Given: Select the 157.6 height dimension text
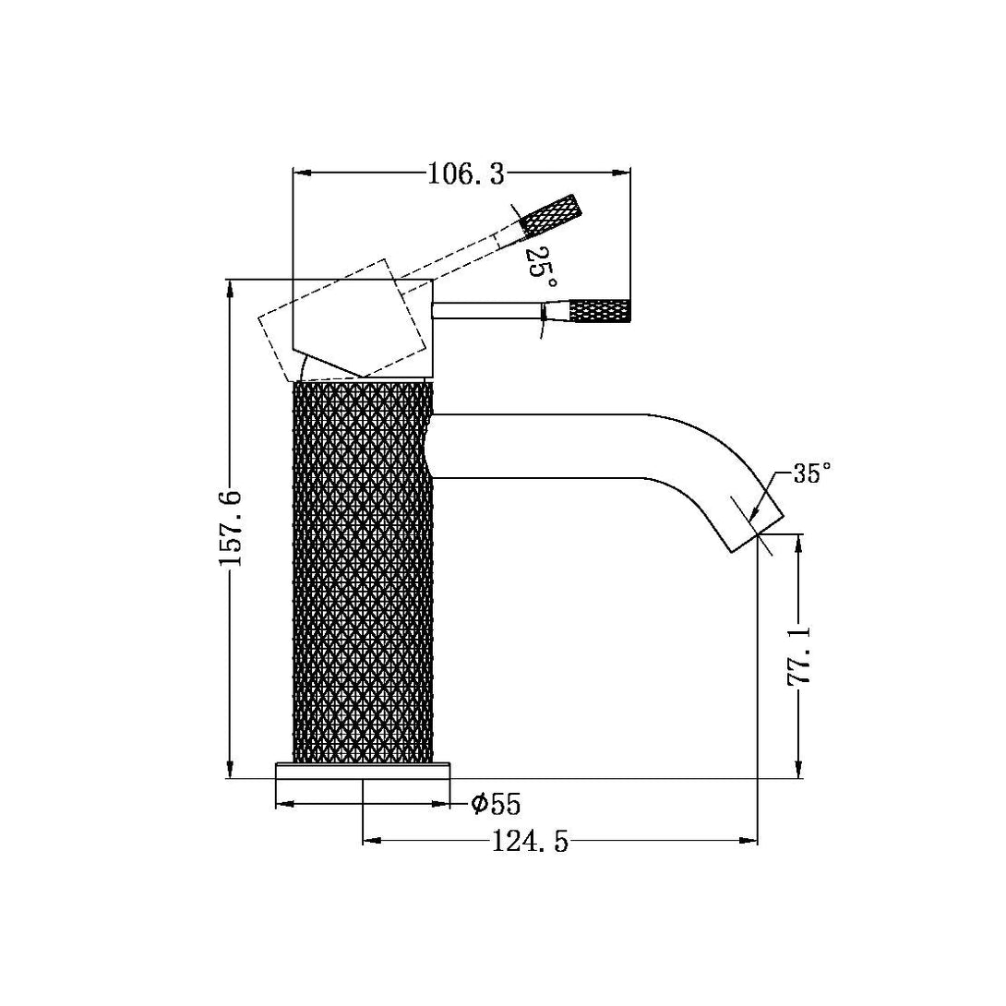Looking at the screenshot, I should click(x=232, y=529).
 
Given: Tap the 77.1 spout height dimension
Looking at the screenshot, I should click(x=798, y=656).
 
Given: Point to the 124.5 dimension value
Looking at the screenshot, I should click(x=531, y=842).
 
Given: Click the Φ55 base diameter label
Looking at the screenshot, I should click(x=496, y=805).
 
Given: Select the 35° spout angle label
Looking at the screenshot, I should click(x=812, y=474).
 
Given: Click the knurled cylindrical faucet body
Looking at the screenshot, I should click(x=363, y=572).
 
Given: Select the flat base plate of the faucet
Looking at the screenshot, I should click(x=363, y=771).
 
